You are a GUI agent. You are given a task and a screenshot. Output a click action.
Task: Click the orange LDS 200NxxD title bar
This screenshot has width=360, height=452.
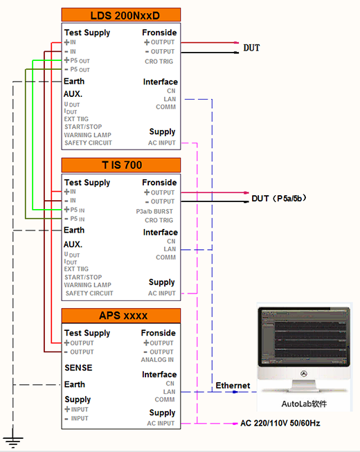click(x=121, y=15)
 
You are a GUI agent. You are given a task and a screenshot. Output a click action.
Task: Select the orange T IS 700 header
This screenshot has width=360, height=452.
click(x=121, y=165)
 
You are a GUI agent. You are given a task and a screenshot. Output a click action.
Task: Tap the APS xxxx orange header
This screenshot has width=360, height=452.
click(x=121, y=316)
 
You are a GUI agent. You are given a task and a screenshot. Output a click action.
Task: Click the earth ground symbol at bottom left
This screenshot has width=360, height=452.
click(x=13, y=438)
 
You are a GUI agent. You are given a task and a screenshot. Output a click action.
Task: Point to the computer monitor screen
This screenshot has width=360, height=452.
click(x=304, y=336)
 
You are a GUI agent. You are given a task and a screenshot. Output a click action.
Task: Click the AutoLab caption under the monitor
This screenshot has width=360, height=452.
click(x=304, y=404)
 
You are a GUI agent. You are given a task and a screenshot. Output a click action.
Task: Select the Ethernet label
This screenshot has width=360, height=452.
click(x=233, y=386)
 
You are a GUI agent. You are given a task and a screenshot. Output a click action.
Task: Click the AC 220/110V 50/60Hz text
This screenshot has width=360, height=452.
click(x=280, y=423)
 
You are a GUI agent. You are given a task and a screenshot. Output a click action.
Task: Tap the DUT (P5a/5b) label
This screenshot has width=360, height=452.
click(x=279, y=199)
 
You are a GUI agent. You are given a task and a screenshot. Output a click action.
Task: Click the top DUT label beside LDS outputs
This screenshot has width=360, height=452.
click(x=251, y=48)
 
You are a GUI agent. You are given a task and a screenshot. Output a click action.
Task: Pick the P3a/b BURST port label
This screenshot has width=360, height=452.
click(x=154, y=212)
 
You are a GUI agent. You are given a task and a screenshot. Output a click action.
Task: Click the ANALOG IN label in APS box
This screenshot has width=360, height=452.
click(x=157, y=360)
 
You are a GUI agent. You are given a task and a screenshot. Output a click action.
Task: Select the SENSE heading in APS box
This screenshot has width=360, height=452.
click(x=78, y=368)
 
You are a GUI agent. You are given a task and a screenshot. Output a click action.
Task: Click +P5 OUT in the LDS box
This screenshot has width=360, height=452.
click(x=77, y=60)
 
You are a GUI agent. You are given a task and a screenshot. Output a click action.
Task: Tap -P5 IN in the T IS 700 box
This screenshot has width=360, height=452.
click(x=75, y=219)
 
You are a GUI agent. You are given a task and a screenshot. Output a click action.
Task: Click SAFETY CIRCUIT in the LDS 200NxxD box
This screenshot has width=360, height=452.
click(x=88, y=143)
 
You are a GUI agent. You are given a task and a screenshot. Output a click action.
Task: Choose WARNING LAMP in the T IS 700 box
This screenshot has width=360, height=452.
click(x=88, y=285)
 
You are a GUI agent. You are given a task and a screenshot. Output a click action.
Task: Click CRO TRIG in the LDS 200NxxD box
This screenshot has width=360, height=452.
click(x=159, y=62)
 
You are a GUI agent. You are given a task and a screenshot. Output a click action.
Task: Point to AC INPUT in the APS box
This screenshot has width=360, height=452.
click(x=161, y=424)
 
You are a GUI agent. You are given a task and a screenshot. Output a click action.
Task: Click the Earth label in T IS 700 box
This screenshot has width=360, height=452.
click(x=74, y=230)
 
